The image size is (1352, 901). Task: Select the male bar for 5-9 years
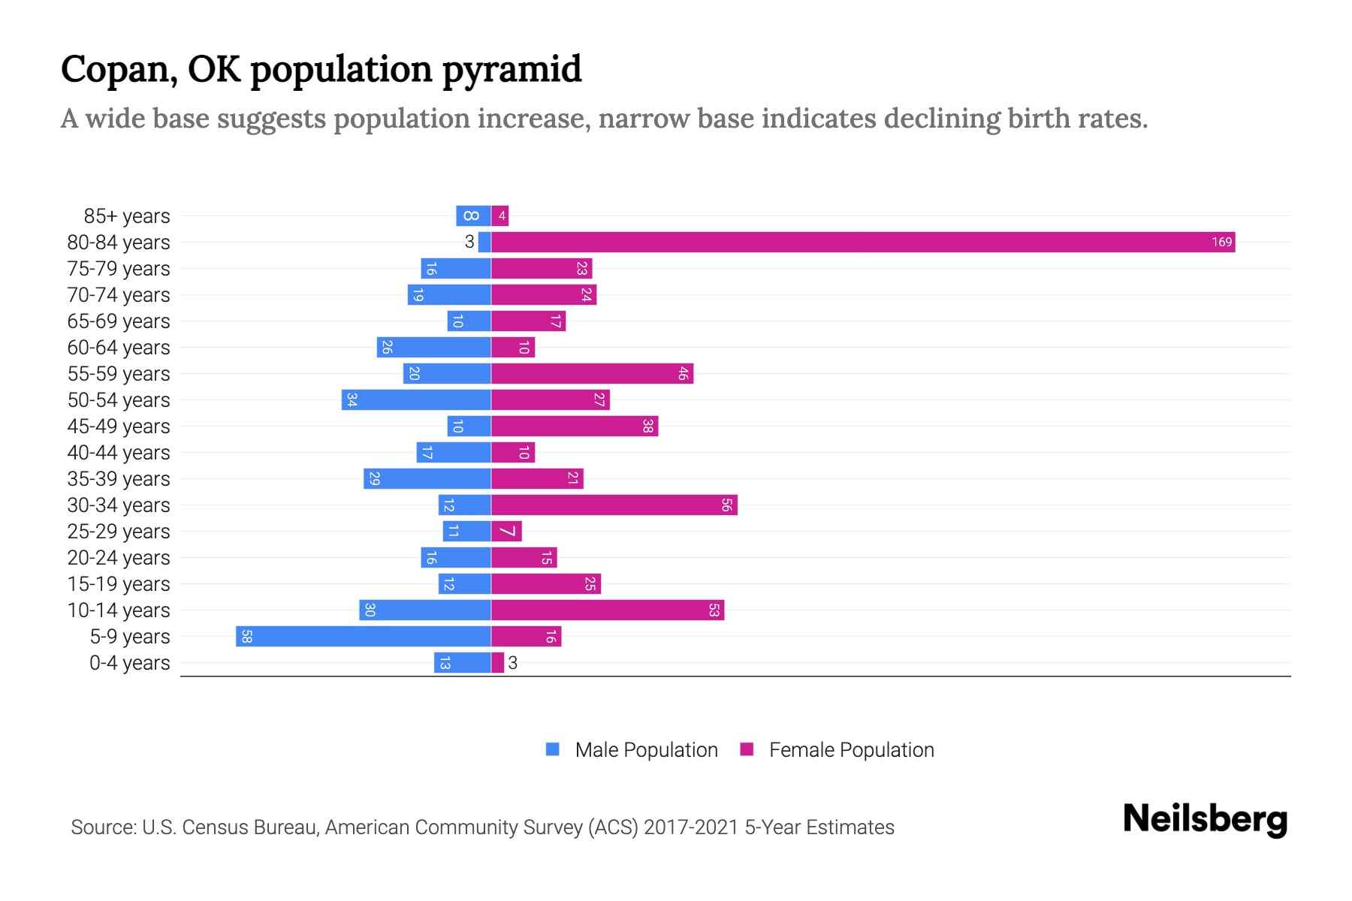click(364, 637)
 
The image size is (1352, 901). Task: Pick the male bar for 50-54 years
click(416, 400)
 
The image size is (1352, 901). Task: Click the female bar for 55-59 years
click(592, 374)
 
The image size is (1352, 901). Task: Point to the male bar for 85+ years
click(473, 215)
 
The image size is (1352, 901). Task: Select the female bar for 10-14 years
click(608, 610)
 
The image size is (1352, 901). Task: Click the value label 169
click(1221, 242)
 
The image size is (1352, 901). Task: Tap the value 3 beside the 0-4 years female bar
click(513, 663)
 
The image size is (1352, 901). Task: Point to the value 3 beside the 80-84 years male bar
click(469, 242)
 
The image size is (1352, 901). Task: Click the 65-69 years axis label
click(119, 321)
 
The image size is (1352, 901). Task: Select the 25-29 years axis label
click(119, 532)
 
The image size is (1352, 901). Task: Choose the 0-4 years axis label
click(129, 663)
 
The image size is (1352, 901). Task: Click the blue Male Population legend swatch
click(553, 749)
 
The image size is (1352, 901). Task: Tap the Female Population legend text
click(851, 750)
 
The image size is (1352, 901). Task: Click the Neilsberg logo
click(1205, 819)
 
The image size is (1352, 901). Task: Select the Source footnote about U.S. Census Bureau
click(482, 827)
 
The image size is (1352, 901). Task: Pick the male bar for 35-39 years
click(427, 479)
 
